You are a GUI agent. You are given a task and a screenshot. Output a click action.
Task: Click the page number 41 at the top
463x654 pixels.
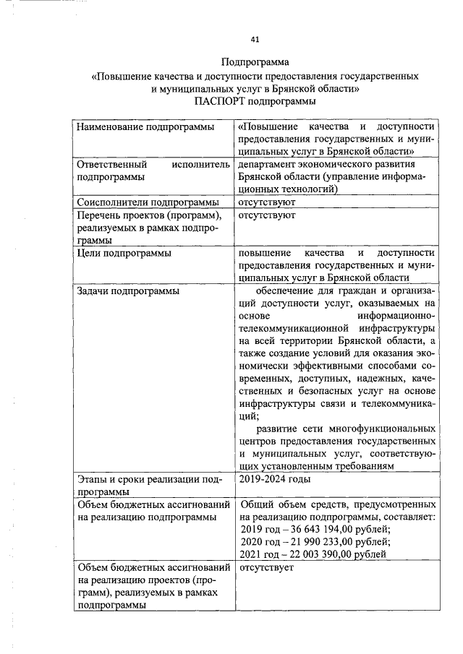(255, 38)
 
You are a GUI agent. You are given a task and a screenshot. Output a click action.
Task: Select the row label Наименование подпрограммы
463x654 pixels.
(145, 127)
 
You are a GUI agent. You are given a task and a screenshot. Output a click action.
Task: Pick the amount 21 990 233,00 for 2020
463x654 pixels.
(323, 542)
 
